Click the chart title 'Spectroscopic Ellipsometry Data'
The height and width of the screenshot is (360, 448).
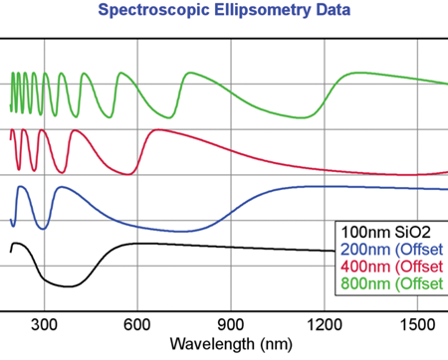point(224,10)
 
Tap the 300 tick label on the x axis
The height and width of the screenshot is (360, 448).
point(44,324)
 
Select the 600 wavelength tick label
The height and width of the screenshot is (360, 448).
point(137,324)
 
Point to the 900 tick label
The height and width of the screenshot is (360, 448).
point(231,324)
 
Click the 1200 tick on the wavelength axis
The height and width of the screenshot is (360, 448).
point(325,324)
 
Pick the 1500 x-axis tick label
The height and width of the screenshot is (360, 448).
point(417,324)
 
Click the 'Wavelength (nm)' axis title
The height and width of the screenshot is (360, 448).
point(231,344)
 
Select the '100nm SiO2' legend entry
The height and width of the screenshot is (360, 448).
point(385,232)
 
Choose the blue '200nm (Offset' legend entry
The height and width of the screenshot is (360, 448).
point(392,250)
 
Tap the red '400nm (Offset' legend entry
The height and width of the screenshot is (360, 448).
point(392,267)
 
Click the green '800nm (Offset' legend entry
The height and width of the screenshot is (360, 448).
point(392,283)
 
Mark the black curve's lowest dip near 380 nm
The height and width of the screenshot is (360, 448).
point(68,286)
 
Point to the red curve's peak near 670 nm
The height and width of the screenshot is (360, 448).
point(158,130)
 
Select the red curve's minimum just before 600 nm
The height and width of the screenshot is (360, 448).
point(129,174)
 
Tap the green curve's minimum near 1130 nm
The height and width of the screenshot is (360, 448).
point(302,117)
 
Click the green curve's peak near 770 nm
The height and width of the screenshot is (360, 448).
point(190,73)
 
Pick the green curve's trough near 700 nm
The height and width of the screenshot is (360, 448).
point(169,117)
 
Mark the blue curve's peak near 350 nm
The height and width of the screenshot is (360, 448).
point(62,187)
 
